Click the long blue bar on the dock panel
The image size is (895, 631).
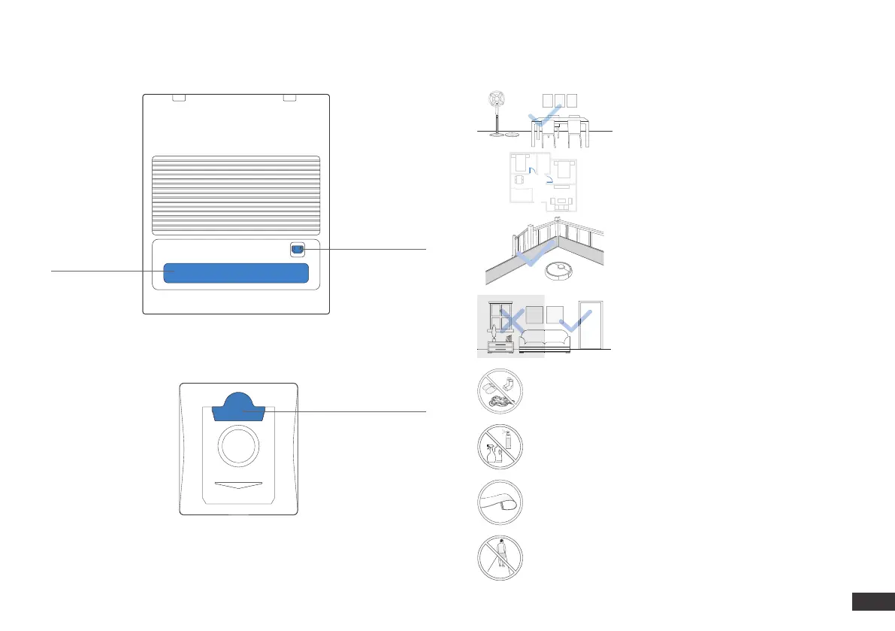237,274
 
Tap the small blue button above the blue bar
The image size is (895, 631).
298,249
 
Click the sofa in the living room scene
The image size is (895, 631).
546,340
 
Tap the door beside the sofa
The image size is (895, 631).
594,324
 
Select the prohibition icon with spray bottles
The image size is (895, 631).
500,448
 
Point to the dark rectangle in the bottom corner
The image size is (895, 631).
872,602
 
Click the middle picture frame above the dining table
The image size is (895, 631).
559,101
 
